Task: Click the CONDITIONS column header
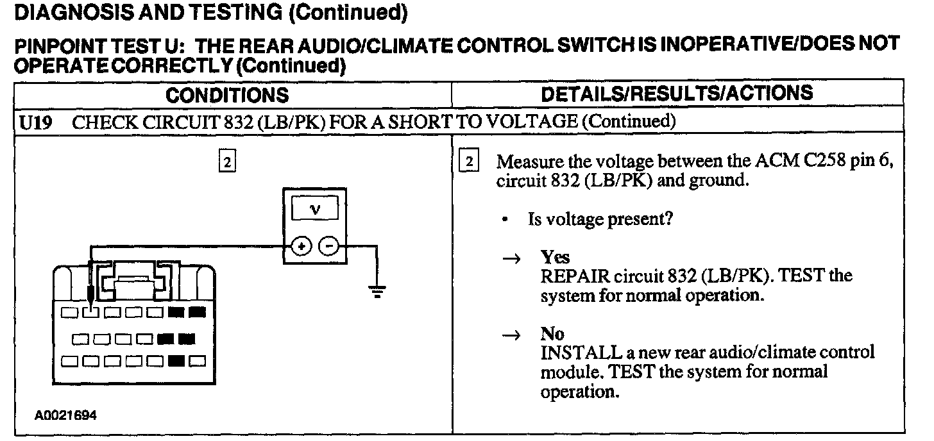(227, 96)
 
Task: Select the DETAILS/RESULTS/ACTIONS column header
(677, 94)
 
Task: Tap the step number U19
(35, 122)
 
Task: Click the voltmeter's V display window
(314, 209)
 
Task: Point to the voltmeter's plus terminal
(302, 246)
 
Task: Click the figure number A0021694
(65, 415)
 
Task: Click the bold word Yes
(555, 258)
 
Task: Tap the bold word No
(552, 334)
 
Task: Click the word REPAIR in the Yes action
(575, 278)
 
